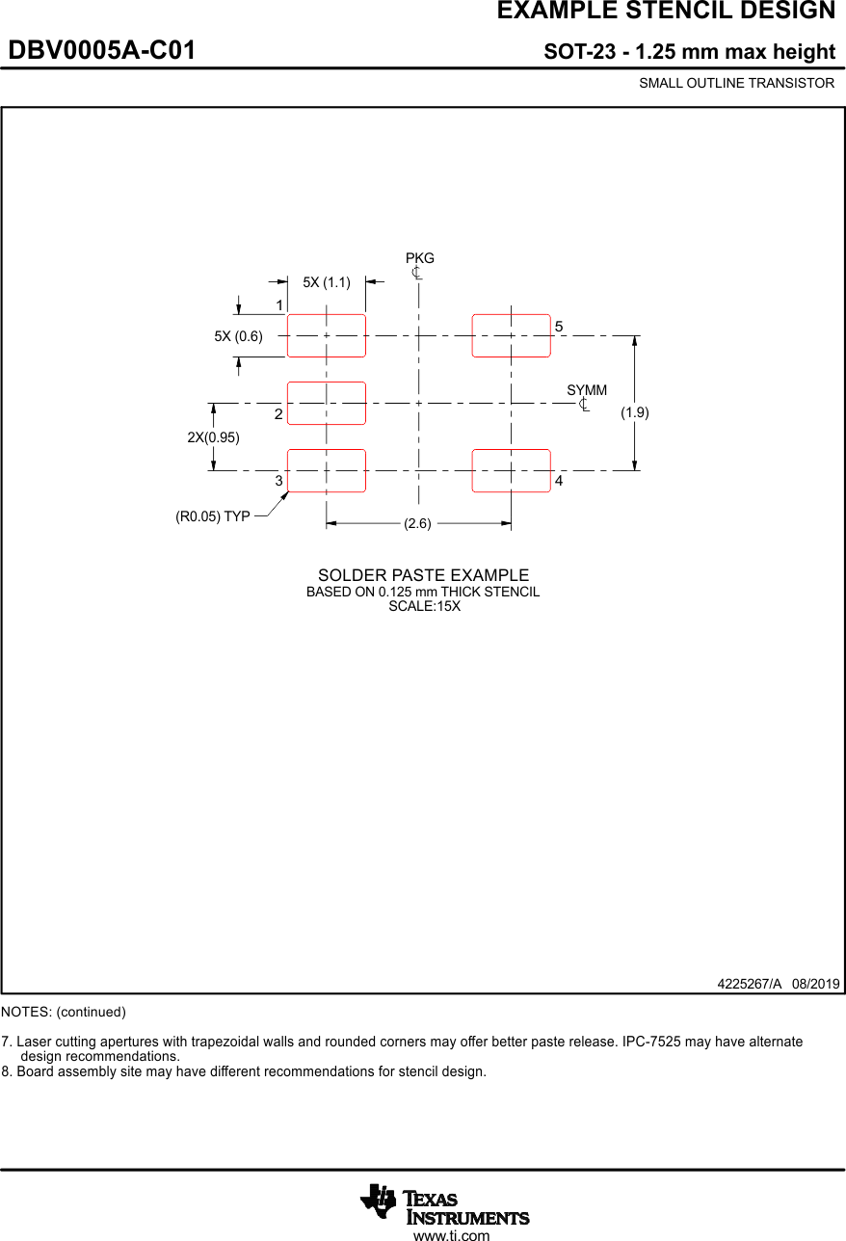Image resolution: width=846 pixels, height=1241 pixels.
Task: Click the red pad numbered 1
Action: [x=327, y=335]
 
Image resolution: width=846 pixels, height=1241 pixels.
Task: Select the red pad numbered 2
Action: [x=327, y=403]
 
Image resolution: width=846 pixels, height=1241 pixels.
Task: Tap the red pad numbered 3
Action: [x=327, y=470]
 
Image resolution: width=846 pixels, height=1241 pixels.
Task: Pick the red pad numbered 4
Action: [x=511, y=470]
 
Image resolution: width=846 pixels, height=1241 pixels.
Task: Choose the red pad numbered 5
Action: [x=511, y=335]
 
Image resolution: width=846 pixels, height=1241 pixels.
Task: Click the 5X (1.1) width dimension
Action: [x=327, y=282]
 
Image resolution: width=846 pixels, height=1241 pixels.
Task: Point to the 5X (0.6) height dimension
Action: [x=238, y=336]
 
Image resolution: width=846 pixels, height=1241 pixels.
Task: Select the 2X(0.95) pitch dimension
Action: [x=213, y=436]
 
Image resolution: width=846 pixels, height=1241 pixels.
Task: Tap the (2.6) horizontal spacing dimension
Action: [x=417, y=523]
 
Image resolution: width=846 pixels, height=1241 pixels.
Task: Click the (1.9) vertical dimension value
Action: [x=634, y=412]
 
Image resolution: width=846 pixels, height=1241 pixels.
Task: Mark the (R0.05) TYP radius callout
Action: [x=212, y=516]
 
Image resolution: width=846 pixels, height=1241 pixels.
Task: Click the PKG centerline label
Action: [x=419, y=258]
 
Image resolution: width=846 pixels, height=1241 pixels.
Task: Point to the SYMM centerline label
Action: [x=587, y=390]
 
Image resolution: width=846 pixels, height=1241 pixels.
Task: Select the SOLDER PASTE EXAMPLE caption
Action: [x=423, y=575]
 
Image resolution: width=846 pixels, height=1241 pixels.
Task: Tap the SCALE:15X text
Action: [x=424, y=606]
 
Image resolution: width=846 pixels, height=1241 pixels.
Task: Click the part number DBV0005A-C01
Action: [x=102, y=51]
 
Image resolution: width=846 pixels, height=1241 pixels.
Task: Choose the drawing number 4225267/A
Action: [x=750, y=984]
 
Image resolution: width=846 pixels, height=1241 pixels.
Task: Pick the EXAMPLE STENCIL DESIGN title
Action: [x=666, y=11]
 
